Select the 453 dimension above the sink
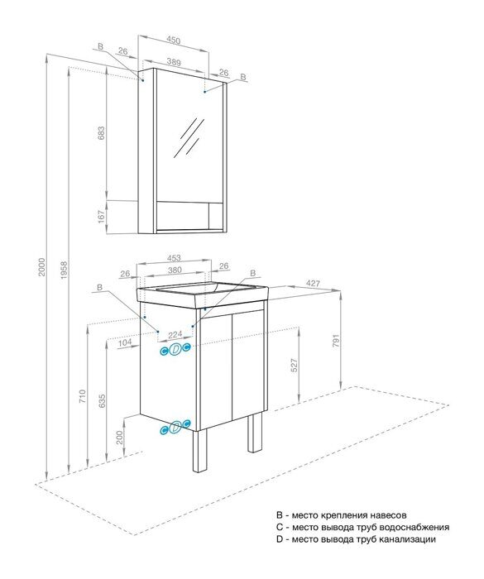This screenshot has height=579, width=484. [172, 256]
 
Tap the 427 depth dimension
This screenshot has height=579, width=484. [314, 284]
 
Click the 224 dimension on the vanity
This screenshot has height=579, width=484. [175, 335]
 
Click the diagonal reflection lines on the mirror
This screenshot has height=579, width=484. [189, 136]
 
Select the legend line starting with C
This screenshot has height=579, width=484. [363, 526]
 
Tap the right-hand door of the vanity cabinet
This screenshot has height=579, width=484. [248, 371]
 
